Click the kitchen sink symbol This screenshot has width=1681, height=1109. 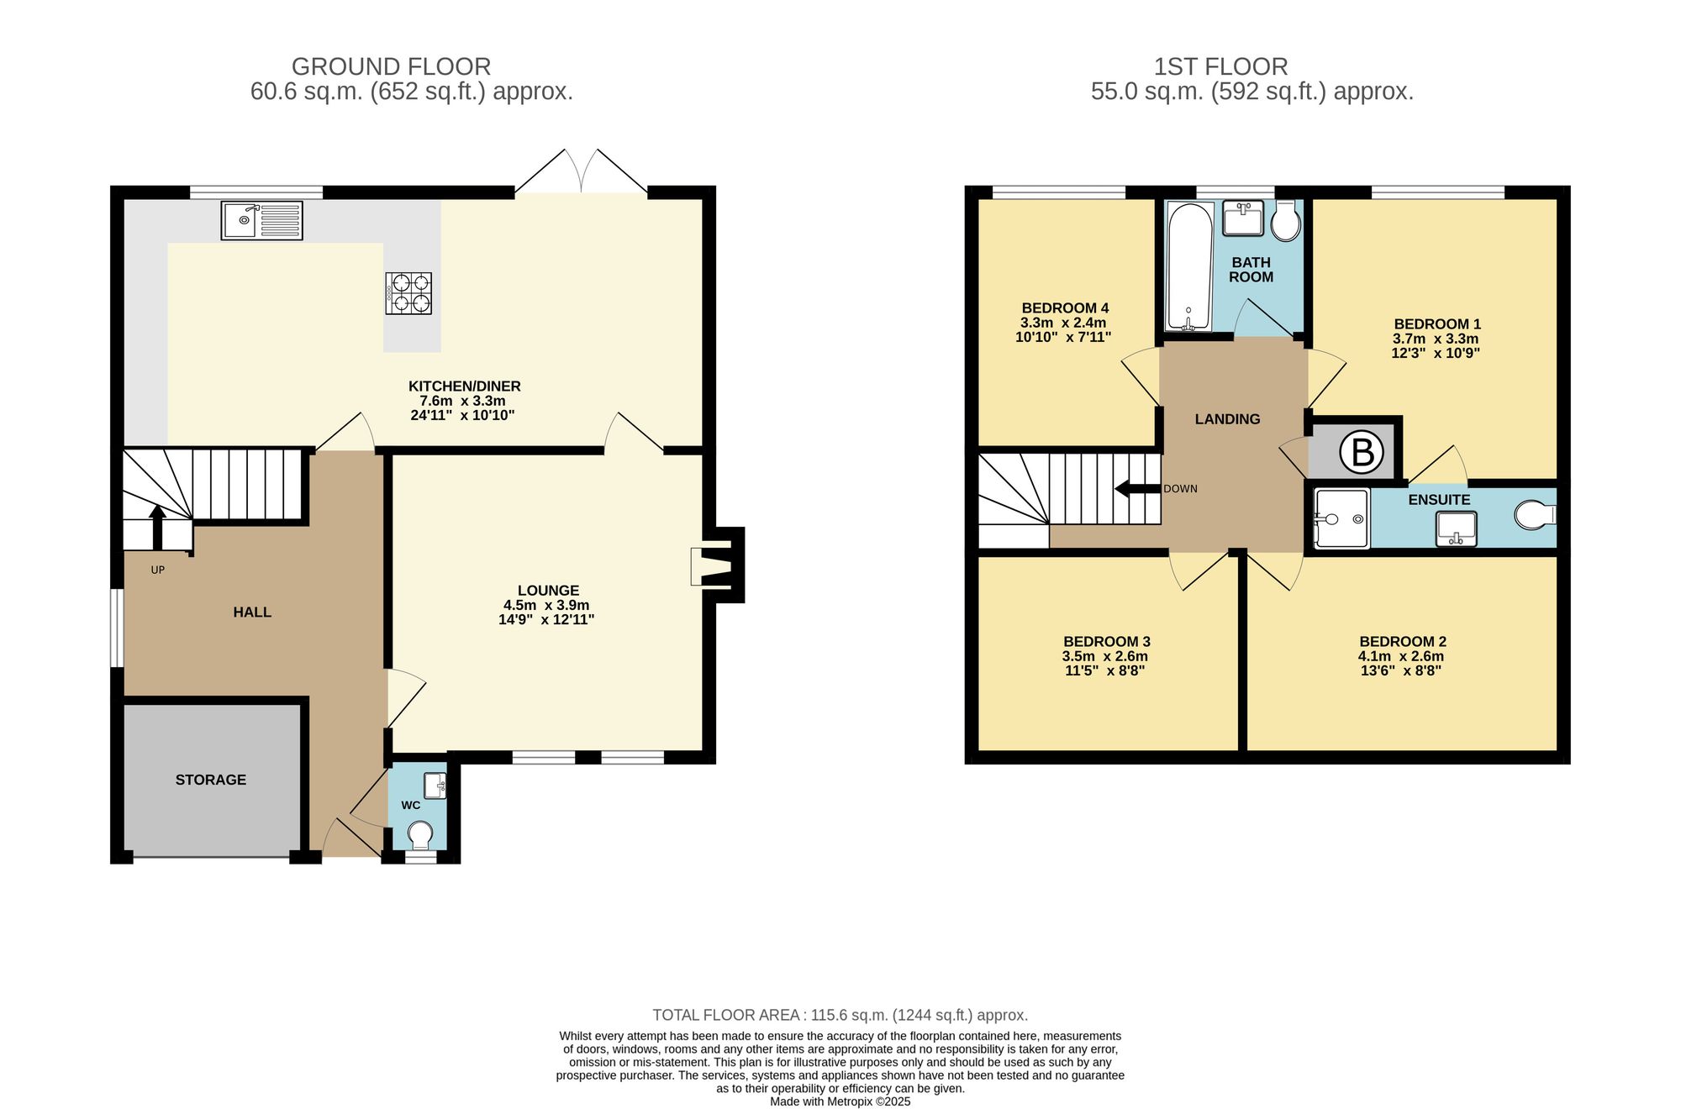(261, 220)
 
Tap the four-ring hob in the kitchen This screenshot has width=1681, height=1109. (408, 293)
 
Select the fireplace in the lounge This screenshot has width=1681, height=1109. (713, 565)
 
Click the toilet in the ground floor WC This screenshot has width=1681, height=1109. (419, 834)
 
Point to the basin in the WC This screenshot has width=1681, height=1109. (435, 786)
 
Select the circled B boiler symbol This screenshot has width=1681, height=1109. (1362, 452)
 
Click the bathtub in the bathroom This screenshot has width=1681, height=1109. (1188, 266)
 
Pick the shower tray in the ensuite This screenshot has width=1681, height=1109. (1341, 518)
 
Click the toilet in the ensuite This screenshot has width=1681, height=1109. (1534, 515)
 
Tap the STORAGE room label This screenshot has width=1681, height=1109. (211, 780)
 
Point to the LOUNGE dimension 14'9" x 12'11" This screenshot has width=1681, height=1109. (546, 620)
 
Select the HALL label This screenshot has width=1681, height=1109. (252, 612)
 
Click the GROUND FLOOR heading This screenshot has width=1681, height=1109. (391, 66)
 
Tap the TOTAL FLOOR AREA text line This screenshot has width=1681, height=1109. (840, 1015)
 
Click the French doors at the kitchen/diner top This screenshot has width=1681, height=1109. (581, 175)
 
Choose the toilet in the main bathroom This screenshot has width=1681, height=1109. (1286, 223)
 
